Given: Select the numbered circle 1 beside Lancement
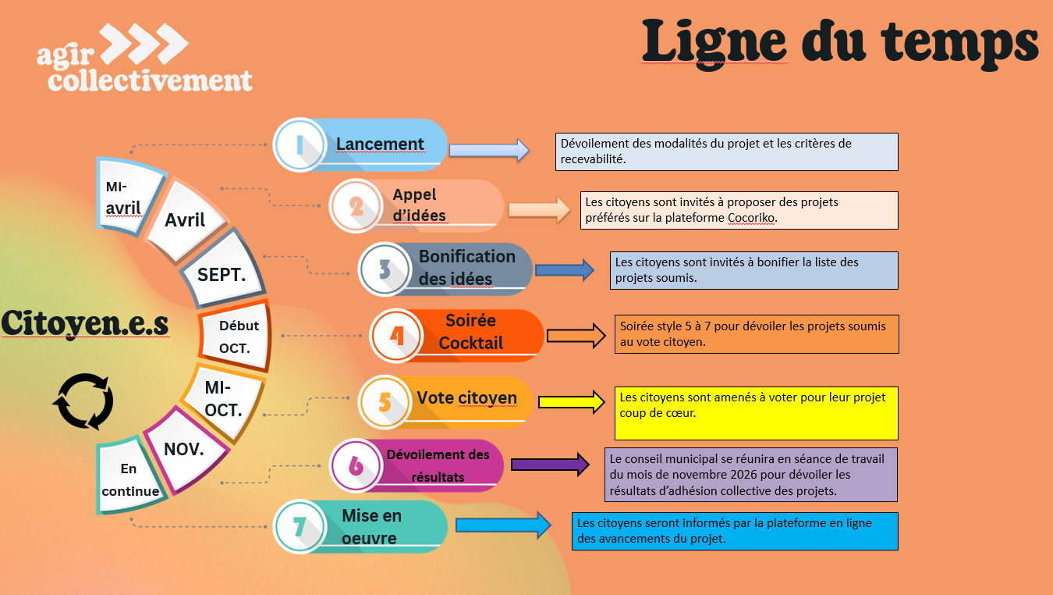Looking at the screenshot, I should pos(299,144).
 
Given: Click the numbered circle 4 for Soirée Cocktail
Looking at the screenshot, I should pos(395,336).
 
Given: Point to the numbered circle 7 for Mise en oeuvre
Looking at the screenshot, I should pos(299,526).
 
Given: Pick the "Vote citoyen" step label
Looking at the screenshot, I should pos(466,398).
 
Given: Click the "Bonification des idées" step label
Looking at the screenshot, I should pos(466,267).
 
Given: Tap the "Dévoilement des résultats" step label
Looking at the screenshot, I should pos(438,465).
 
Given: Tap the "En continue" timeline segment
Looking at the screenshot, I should pos(129,479).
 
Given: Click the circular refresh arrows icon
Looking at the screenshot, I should pos(83,401).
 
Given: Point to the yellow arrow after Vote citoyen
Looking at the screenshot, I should pos(572,402).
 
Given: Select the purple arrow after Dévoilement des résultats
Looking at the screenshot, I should pos(550,465).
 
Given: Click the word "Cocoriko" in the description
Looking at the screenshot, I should pos(751,218).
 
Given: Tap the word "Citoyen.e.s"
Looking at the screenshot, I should pos(84,323).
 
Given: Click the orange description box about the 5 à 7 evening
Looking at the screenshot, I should pos(756,334).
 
